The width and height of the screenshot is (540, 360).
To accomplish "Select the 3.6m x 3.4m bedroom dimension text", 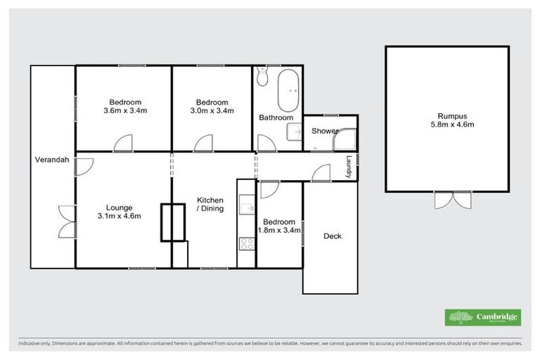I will coord(124,111).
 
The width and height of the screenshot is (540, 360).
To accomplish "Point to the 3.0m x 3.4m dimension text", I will coord(212,111).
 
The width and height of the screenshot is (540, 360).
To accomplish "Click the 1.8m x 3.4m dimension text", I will coord(280,230).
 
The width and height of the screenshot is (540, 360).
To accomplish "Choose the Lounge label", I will coord(119,207).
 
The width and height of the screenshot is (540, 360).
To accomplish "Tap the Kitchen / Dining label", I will coord(210,204).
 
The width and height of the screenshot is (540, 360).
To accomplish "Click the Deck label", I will coord(332,236).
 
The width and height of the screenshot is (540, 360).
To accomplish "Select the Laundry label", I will coord(348,167).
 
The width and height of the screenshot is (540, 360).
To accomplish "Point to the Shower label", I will coord(325,131).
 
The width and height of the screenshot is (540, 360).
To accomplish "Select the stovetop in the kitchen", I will coord(247,244).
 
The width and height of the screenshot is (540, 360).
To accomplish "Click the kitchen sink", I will coord(246,206).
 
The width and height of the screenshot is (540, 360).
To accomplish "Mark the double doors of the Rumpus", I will coord(447,200).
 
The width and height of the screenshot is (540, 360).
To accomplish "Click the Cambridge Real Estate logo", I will coord(482,317).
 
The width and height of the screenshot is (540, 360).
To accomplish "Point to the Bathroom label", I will coord(276,117).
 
